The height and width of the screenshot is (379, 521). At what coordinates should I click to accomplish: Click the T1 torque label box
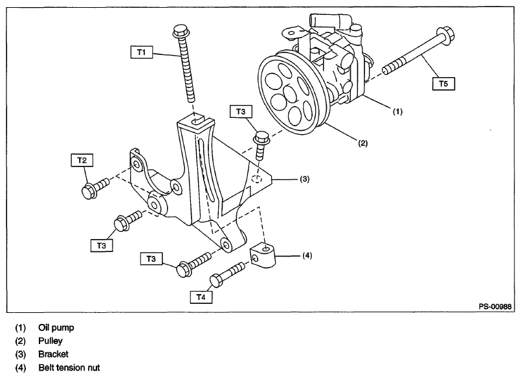pyautogui.click(x=142, y=52)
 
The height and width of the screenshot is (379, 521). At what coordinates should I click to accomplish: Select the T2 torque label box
pyautogui.click(x=82, y=160)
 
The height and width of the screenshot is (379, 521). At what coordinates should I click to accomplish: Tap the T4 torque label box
pyautogui.click(x=201, y=297)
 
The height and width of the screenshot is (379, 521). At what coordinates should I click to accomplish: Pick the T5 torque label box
pyautogui.click(x=443, y=84)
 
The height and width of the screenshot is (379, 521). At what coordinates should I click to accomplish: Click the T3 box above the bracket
pyautogui.click(x=241, y=111)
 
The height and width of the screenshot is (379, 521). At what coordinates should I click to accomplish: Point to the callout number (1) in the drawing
pyautogui.click(x=398, y=111)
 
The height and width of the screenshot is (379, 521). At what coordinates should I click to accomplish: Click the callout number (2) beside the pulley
pyautogui.click(x=362, y=143)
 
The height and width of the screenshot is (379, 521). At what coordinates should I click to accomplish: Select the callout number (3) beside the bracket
pyautogui.click(x=305, y=179)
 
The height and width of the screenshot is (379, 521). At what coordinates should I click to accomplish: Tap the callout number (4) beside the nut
pyautogui.click(x=307, y=255)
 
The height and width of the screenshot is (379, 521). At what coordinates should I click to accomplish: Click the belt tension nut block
pyautogui.click(x=263, y=255)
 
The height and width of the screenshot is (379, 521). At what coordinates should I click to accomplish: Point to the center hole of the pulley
pyautogui.click(x=290, y=94)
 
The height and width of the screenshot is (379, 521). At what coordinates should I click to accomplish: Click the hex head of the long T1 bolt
pyautogui.click(x=181, y=31)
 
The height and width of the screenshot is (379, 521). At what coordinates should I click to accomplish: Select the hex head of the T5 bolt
pyautogui.click(x=445, y=34)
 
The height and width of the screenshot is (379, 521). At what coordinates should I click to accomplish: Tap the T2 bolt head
pyautogui.click(x=89, y=191)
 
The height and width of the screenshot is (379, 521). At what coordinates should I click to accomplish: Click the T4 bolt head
pyautogui.click(x=217, y=281)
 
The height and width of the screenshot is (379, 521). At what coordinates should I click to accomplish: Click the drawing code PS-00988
pyautogui.click(x=495, y=306)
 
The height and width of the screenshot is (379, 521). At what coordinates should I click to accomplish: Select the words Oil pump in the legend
pyautogui.click(x=56, y=328)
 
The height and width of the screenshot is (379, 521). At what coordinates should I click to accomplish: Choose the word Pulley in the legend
pyautogui.click(x=50, y=341)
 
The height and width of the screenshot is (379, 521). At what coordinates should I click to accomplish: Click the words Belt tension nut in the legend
pyautogui.click(x=69, y=368)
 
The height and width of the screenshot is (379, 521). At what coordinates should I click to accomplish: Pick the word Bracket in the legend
pyautogui.click(x=54, y=354)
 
